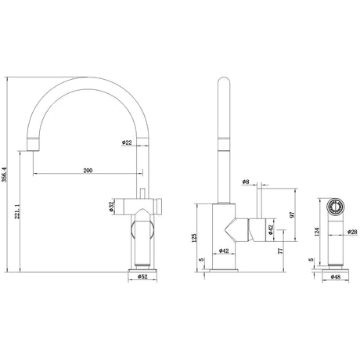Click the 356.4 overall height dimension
pos(4,175)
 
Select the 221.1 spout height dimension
pos(17,211)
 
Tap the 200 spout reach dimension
pos(88,171)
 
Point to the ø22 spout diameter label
pos(127,142)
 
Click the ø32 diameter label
pos(111,206)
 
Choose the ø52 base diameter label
pos(142,276)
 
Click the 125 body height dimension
pos(194,238)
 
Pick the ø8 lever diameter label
pos(246,182)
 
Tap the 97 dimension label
pos(292,214)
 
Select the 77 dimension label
pos(280,251)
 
